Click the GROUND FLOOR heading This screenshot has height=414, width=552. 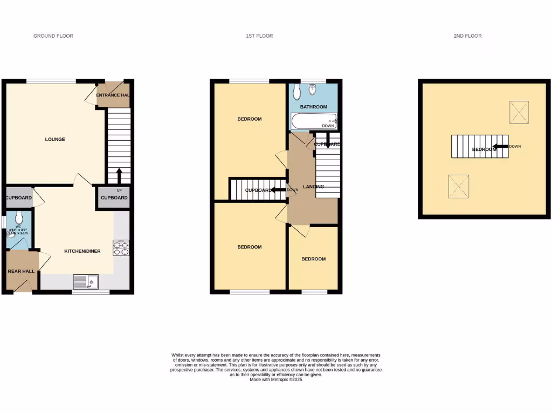click(53, 36)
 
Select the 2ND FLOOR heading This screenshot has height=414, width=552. click(467, 36)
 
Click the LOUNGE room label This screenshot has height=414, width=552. click(55, 140)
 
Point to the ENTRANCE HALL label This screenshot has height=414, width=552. click(113, 95)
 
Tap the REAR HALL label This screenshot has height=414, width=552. click(22, 271)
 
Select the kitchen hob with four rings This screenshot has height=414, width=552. click(120, 247)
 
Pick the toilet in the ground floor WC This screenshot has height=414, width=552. click(19, 218)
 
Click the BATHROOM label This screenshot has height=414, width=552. click(314, 107)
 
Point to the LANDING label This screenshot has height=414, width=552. click(314, 187)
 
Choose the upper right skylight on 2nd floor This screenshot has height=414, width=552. click(519, 112)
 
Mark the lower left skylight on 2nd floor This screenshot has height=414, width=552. click(459, 186)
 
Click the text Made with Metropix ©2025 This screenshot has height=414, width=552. click(276, 379)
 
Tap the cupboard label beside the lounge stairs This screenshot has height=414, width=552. click(114, 198)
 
